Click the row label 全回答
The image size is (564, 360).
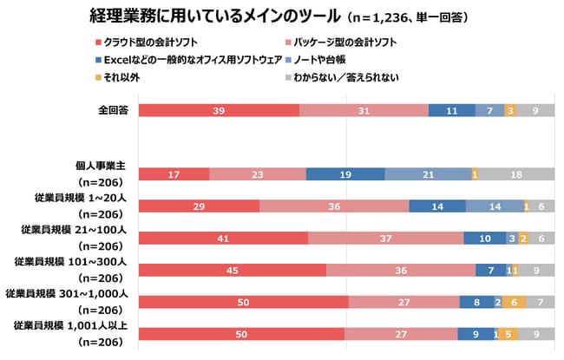pos(114,110)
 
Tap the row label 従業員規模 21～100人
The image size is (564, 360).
pos(75,229)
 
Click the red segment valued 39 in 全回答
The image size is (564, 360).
pos(219,110)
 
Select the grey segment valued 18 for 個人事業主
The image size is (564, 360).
pos(516,174)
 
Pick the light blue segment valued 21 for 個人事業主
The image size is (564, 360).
pos(428,174)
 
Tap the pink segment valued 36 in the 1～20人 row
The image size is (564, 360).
pos(334,206)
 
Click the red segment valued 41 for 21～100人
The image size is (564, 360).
pos(223,238)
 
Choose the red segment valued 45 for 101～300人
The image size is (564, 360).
pos(232,270)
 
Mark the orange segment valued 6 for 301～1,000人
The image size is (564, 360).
pos(514,302)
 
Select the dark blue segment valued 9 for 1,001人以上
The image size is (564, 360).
pos(474,333)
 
